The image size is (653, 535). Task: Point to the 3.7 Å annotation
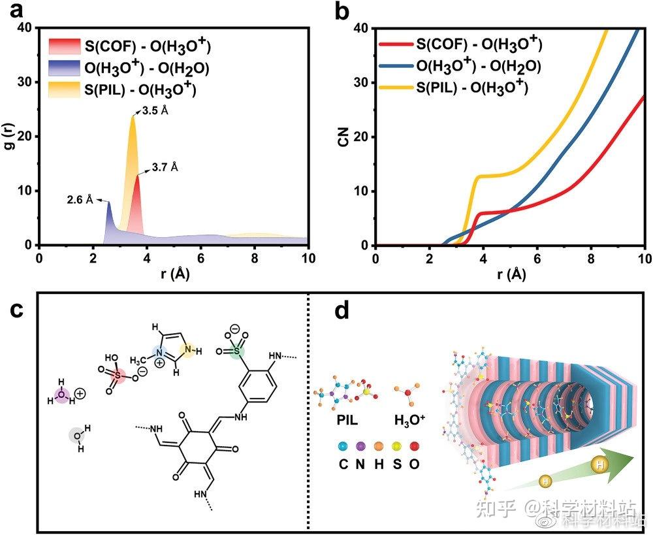coord(165,167)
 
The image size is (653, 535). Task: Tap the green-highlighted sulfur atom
coord(238,351)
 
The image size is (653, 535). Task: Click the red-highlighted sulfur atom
coord(118,376)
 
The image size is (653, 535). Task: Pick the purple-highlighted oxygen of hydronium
coord(62,395)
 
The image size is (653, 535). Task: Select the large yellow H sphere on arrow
coord(599,465)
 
